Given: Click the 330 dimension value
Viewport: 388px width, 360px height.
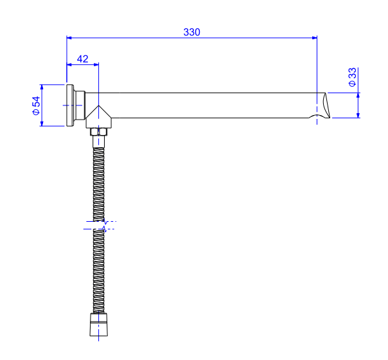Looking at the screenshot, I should click(191, 32).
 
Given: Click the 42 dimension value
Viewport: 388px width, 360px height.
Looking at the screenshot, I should click(82, 58).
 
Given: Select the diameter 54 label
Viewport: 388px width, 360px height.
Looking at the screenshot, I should click(36, 105).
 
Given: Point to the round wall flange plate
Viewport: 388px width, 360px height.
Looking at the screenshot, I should click(69, 105).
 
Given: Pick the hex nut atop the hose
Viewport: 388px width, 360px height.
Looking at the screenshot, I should click(98, 132).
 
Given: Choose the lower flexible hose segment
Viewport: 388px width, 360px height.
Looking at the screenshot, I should click(98, 270).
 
